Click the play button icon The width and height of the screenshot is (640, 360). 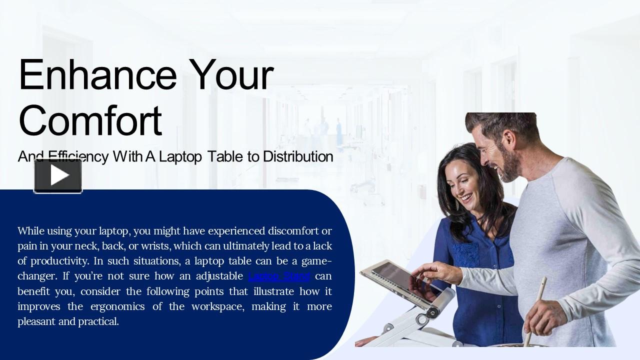[58, 175]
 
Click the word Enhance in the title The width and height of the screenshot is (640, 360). [97, 75]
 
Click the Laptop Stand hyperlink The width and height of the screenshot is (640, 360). [279, 276]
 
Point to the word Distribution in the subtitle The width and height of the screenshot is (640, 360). [298, 156]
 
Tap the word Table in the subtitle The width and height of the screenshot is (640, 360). [225, 156]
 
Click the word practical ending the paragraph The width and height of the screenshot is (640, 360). [98, 321]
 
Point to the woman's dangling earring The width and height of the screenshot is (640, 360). [458, 205]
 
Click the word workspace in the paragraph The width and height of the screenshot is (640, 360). [217, 306]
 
